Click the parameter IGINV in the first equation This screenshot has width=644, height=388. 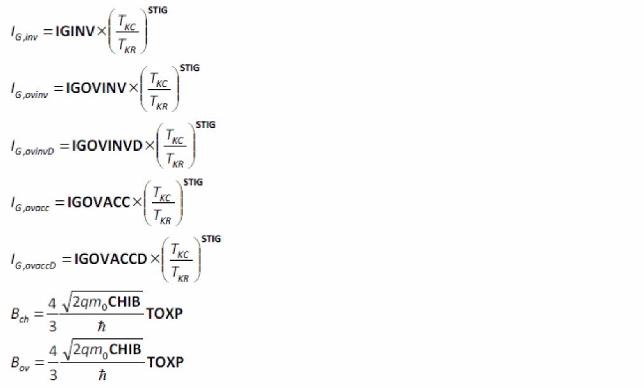click(75, 31)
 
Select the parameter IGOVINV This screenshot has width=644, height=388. click(96, 88)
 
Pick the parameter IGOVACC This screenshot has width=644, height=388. click(98, 202)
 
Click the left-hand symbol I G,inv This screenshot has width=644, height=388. click(24, 33)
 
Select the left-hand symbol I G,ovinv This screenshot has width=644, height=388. click(29, 90)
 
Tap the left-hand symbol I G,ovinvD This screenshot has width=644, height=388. click(32, 148)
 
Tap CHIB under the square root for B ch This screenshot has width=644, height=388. click(125, 301)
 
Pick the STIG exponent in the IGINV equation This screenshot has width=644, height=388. click(157, 11)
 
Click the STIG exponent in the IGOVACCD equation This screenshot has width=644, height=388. click(210, 239)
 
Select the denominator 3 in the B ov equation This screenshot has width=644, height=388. click(53, 375)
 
